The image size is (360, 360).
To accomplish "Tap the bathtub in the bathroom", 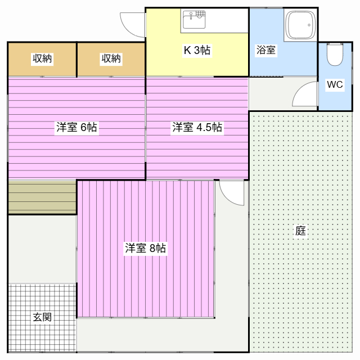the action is tap(300, 25).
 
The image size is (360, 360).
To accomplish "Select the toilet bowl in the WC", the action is tap(335, 55).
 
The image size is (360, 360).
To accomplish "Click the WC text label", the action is tap(335, 84).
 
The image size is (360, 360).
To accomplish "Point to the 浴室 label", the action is tap(266, 50).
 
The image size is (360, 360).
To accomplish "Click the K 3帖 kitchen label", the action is tap(197, 50).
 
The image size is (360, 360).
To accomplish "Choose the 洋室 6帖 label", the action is tap(76, 127).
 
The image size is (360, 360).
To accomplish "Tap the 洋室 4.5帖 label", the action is tap(197, 127).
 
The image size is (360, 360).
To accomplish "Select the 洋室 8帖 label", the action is tap(145, 248).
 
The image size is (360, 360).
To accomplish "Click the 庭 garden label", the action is tap(300, 231).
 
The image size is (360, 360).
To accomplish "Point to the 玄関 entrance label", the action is tap(42, 317).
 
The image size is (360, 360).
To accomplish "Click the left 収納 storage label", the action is tap(42, 58).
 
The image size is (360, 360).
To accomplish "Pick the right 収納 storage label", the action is tap(111, 58).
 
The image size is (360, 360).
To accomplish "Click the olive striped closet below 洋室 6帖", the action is tap(42, 197).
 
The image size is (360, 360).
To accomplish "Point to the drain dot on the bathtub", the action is tap(309, 25).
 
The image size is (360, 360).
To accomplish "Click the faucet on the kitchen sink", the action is tap(191, 16).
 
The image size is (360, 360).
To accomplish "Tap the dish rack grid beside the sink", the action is tap(200, 14).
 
